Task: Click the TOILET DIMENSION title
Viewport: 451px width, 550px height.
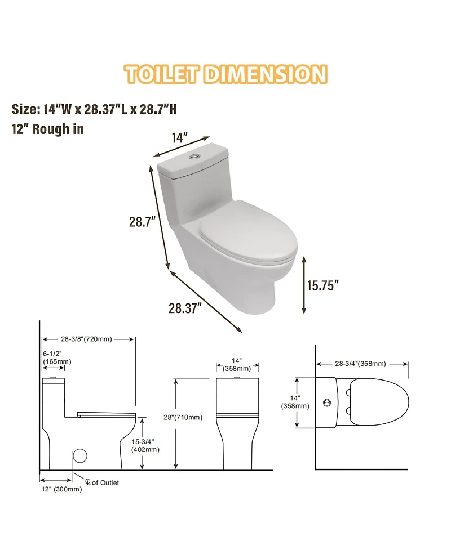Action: click(225, 75)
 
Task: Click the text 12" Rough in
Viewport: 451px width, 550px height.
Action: click(48, 129)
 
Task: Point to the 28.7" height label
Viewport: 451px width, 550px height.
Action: click(142, 222)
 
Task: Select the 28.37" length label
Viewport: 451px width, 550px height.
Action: click(185, 308)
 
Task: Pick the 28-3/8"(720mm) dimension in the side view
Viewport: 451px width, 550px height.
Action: click(87, 339)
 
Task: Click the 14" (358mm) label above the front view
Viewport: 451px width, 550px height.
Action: click(237, 364)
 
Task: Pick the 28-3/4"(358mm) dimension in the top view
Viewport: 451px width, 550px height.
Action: click(361, 363)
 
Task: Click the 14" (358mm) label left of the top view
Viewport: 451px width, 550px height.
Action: click(295, 401)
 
